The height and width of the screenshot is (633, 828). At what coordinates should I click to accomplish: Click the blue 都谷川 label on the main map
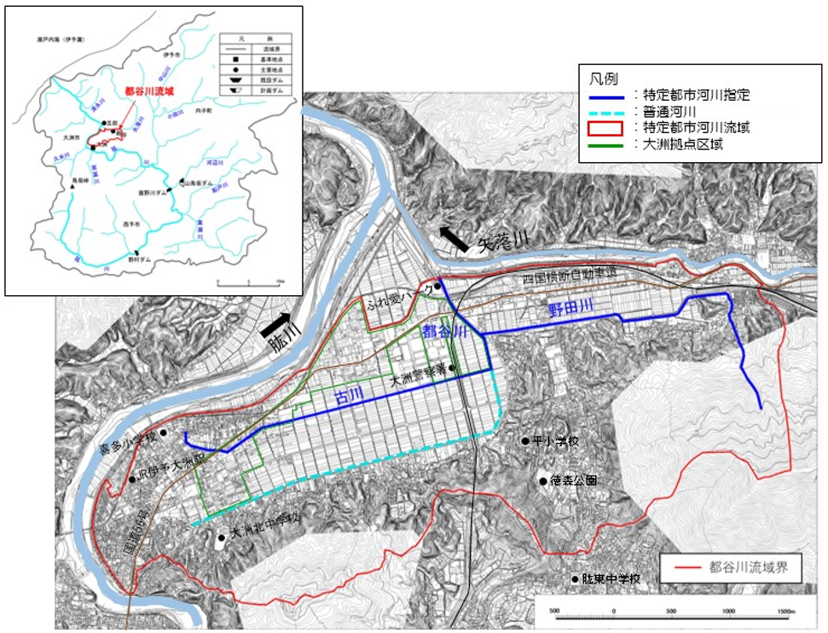point(443,334)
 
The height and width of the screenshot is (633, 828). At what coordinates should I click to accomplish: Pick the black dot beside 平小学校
point(525,441)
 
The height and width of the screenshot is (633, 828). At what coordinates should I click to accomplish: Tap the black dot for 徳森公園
point(543,481)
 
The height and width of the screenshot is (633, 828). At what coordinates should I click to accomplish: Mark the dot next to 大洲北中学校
point(222,538)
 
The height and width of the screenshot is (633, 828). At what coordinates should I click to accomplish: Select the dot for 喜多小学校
point(164,433)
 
